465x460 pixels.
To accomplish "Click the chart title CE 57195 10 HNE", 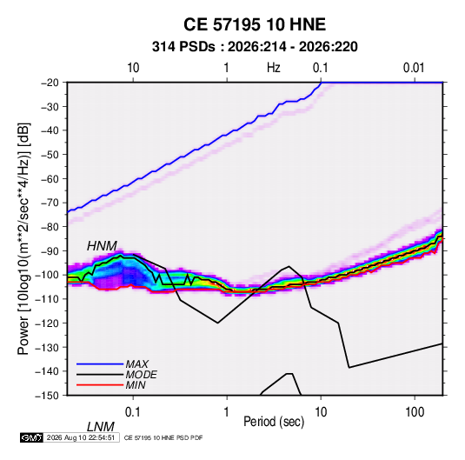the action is coord(255,24).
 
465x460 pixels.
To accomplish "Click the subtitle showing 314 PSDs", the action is coord(255,47).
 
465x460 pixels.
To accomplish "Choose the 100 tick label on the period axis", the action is coord(415,412).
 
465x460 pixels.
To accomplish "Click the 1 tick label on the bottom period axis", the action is coord(226,412).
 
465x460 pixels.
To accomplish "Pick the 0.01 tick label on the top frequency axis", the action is coord(414,68).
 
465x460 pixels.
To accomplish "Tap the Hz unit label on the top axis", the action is coord(274,68).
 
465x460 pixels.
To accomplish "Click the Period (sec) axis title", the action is coord(274,422).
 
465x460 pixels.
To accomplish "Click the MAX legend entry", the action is coord(136,363).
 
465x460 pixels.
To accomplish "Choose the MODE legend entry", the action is coord(141,375).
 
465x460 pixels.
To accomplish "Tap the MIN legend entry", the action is coord(136,385).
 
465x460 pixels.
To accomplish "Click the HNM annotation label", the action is coord(102,246).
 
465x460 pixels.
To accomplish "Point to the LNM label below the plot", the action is coord(101,427).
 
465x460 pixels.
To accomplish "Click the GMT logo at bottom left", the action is coord(32,437).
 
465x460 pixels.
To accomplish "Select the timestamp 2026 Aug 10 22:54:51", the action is coord(81,437).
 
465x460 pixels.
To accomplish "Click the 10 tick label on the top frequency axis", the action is coord(133,68).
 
